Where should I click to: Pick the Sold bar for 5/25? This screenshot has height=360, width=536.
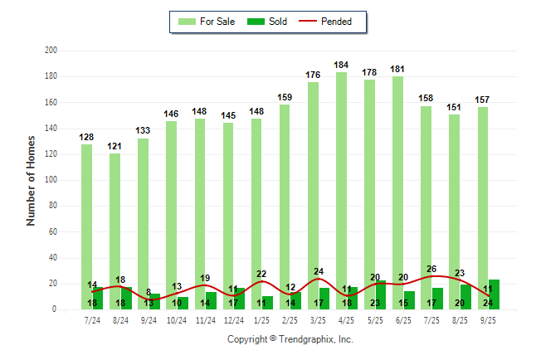click(381, 294)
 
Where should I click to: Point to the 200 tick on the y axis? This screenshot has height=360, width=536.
click(51, 51)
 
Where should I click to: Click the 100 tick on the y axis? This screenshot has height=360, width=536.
click(51, 180)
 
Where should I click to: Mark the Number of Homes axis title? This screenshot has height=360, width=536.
click(32, 180)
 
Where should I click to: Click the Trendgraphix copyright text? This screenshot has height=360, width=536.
click(290, 339)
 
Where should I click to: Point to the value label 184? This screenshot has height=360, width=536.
click(341, 65)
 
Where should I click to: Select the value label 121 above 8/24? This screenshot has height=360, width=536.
click(115, 146)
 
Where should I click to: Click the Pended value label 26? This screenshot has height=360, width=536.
click(431, 269)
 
